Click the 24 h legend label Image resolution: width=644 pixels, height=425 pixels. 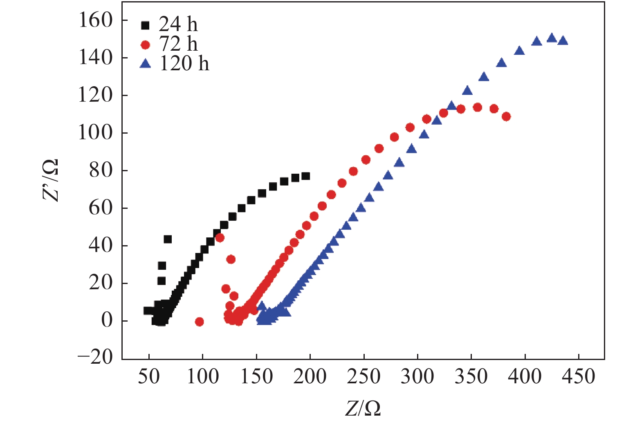coord(178,25)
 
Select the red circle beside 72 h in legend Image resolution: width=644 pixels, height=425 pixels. coord(145,45)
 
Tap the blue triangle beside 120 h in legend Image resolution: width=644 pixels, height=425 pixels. coord(145,64)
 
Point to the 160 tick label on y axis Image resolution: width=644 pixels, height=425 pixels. coord(95,20)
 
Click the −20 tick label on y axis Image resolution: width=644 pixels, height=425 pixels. coord(95,357)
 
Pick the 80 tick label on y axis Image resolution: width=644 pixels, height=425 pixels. coord(101,170)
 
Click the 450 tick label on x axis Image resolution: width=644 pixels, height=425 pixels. coord(578,376)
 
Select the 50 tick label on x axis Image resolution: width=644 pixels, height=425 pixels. coord(149,376)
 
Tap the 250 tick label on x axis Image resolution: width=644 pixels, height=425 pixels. coord(364,376)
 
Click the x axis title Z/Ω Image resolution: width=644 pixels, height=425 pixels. coord(363,408)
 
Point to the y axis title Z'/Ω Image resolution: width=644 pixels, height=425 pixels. coord(51,180)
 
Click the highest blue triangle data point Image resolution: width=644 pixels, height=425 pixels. coord(552,38)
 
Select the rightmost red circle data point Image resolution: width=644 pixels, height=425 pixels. coord(506,116)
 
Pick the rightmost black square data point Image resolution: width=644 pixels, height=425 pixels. coord(305,176)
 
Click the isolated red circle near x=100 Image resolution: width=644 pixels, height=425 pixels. coord(200,322)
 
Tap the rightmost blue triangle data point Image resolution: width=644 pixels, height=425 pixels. coord(563,40)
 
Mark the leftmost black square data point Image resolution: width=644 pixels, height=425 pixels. coord(147,311)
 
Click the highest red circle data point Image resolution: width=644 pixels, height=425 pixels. coord(477,107)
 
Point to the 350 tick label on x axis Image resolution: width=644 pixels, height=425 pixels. coord(471,376)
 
